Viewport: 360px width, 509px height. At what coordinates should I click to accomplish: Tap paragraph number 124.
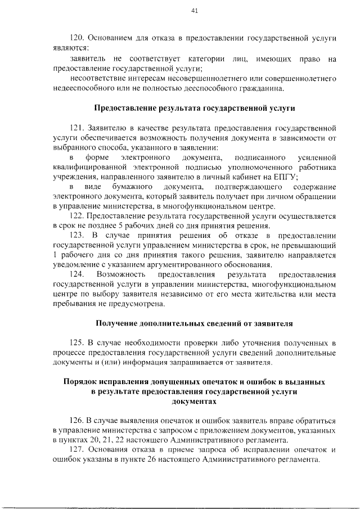77,274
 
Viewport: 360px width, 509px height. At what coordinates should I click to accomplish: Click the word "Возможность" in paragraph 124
121,274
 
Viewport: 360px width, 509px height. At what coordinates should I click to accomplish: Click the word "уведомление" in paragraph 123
75,264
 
